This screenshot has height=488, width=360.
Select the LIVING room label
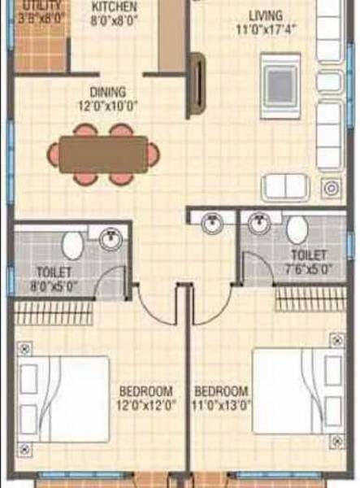(x=267, y=15)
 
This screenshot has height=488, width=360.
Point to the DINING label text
(x=107, y=93)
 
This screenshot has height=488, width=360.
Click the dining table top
(x=103, y=153)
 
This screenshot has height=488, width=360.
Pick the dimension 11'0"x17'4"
(x=267, y=30)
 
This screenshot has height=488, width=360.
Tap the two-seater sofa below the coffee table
(x=286, y=187)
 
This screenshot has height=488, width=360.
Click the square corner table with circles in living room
(x=331, y=189)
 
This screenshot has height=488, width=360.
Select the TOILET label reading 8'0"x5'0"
(x=54, y=278)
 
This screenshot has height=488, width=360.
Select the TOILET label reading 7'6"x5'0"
(x=306, y=261)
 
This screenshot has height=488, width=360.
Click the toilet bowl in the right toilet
(x=296, y=229)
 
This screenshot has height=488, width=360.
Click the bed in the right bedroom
(x=297, y=390)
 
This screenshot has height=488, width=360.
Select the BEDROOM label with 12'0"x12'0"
(x=146, y=397)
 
